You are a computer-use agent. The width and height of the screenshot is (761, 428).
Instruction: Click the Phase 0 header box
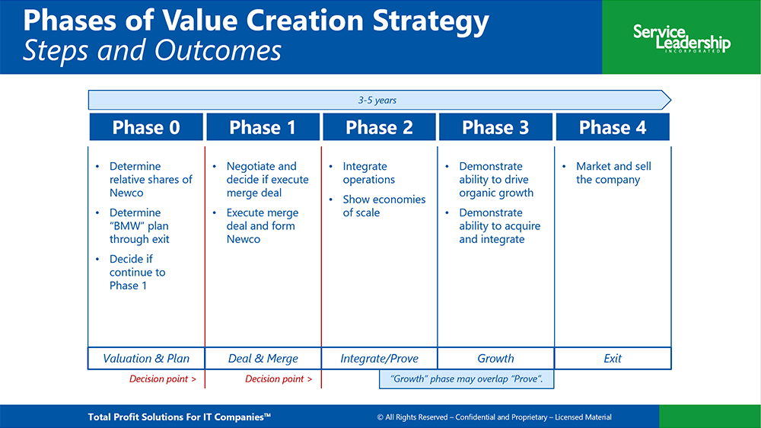(x=146, y=127)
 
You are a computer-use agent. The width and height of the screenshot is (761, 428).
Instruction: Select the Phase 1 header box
(x=263, y=127)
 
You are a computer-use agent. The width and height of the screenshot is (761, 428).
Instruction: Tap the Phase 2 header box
(x=379, y=127)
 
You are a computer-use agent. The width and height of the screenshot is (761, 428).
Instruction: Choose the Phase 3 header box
(x=495, y=127)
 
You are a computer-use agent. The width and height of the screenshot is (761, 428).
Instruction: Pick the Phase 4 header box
(x=613, y=127)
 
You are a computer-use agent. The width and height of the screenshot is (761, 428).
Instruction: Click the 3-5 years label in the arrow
(x=377, y=100)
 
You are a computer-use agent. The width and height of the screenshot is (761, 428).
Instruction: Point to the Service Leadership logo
(x=681, y=38)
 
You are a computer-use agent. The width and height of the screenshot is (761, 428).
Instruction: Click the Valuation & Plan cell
(x=146, y=359)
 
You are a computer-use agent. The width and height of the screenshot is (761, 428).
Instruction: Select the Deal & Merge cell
(x=263, y=359)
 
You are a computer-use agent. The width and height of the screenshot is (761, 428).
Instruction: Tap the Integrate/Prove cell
(x=379, y=359)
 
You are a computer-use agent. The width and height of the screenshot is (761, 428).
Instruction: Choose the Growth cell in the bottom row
(x=495, y=359)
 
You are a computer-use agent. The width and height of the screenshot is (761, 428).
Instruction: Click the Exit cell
(x=613, y=359)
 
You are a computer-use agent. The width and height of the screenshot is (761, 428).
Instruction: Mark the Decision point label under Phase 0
(x=163, y=379)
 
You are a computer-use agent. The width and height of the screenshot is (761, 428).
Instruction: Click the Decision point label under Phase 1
(x=279, y=379)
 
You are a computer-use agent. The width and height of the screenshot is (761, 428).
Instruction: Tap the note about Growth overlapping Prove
(x=466, y=379)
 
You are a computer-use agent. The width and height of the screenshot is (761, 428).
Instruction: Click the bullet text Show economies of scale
(x=384, y=206)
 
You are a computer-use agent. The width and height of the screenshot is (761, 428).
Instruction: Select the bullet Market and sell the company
(x=613, y=173)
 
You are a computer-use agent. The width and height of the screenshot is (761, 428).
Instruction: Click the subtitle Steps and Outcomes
(x=152, y=50)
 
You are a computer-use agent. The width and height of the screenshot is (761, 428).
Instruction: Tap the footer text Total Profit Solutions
(x=179, y=417)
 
